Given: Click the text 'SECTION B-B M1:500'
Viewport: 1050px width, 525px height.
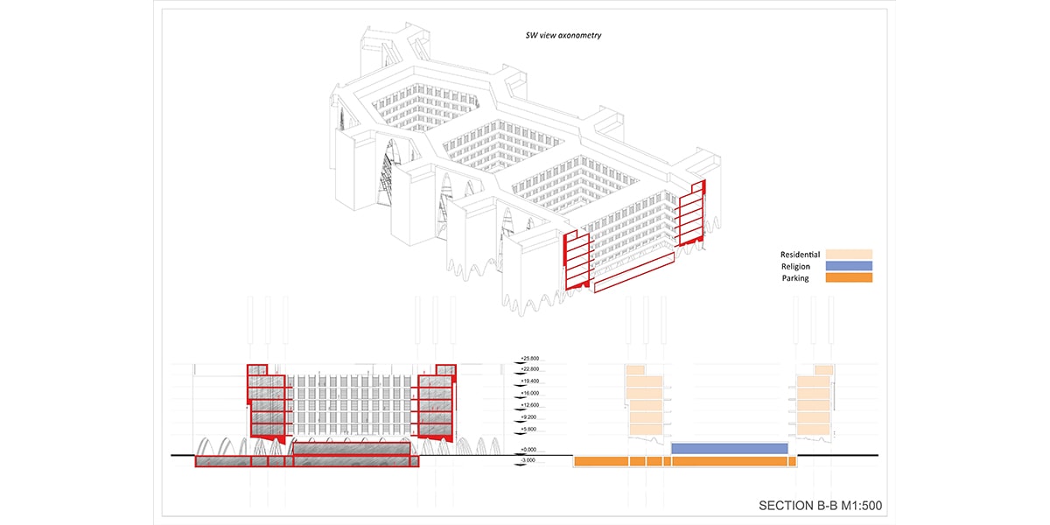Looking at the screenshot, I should coord(825,506).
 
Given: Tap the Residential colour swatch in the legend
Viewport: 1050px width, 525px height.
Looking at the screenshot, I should coord(849,254).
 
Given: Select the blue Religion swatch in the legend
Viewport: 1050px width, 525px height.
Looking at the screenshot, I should coord(849,266).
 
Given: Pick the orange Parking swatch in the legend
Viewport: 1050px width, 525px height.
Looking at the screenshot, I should coord(849,278).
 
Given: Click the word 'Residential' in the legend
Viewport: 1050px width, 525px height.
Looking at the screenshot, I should coord(800,254).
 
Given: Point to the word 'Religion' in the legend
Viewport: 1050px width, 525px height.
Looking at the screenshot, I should coord(795,266).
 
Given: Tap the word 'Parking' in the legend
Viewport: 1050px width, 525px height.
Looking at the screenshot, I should coord(795,278).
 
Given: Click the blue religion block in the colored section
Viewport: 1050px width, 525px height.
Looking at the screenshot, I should coord(730,448).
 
